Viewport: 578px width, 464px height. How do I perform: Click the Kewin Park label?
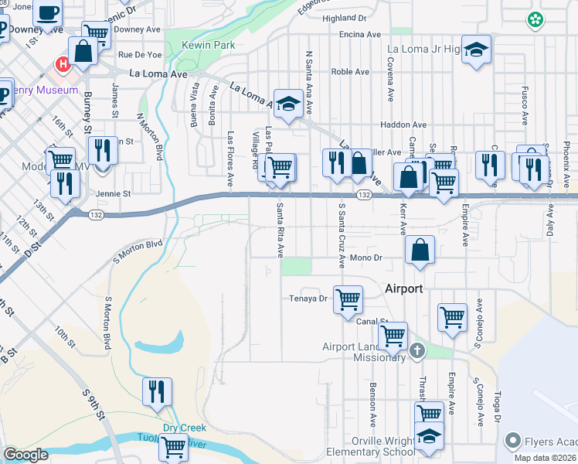coord(208,46)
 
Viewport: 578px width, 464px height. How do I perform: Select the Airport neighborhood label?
coord(404,288)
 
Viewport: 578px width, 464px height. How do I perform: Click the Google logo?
coord(25,455)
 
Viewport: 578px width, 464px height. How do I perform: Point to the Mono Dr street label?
coord(366,258)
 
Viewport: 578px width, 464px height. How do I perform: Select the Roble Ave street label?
coord(350,72)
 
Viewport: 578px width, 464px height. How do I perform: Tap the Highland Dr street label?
coord(345,18)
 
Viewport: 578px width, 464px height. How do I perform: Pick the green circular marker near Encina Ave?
coord(534,19)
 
